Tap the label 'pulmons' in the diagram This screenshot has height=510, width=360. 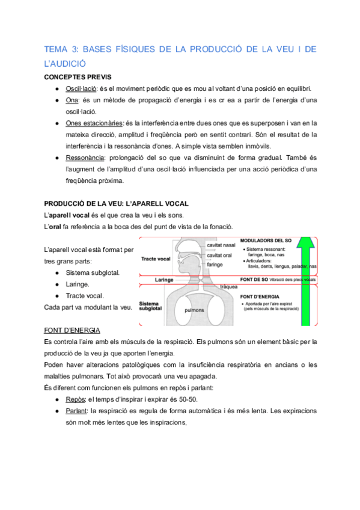[194, 310]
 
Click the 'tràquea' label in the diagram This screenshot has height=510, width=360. [230, 287]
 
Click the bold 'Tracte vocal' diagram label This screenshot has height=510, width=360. [155, 259]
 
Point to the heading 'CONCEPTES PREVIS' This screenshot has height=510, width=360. [78, 77]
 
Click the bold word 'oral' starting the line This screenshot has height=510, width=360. [56, 226]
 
